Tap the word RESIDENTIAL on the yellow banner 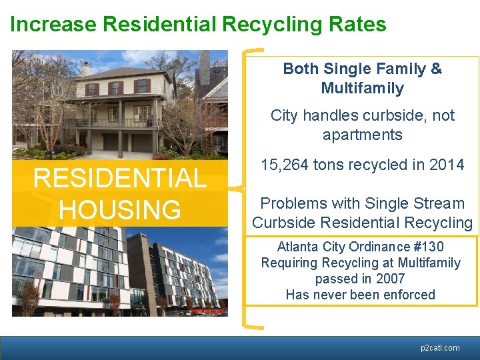tap(120, 179)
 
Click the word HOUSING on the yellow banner tap(120, 209)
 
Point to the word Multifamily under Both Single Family tap(362, 88)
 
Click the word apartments tap(362, 135)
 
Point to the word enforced tap(409, 295)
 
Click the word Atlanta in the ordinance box tap(298, 247)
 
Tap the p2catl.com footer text tap(440, 347)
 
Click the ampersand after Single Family tap(436, 69)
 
